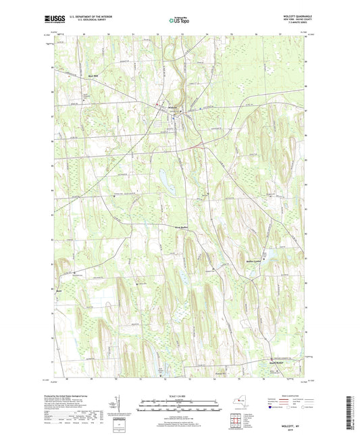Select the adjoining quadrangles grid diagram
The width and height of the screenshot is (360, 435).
coord(236,421)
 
